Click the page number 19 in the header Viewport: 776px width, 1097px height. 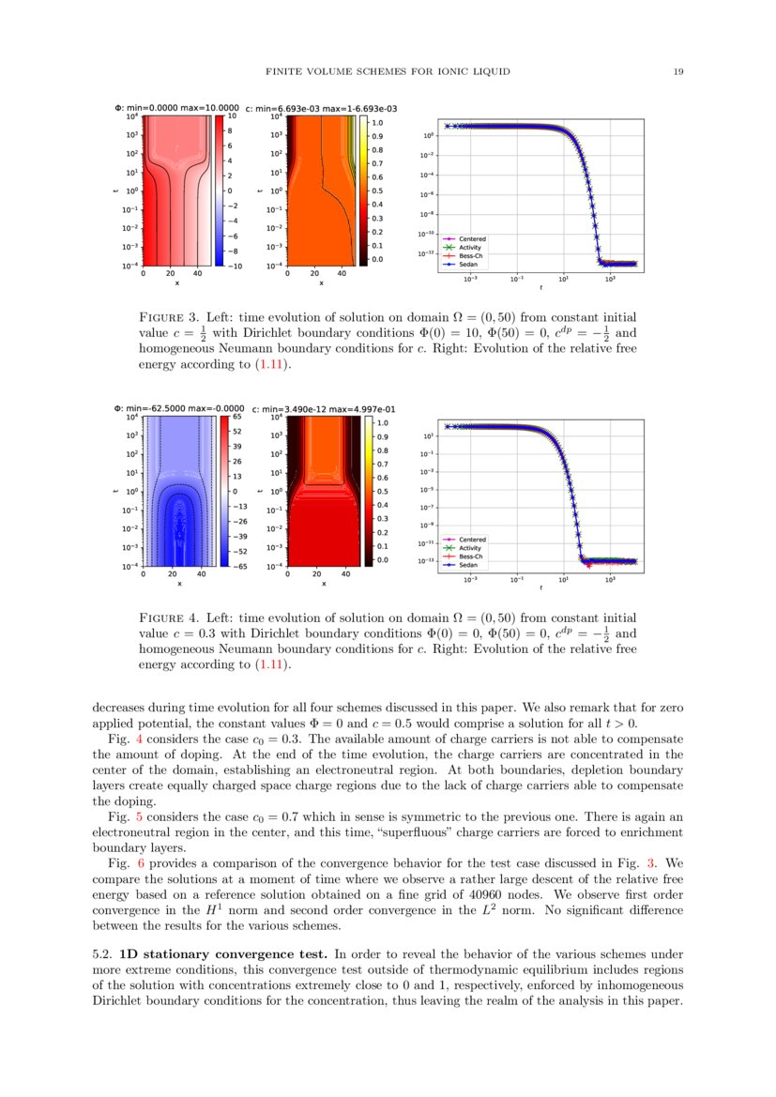click(x=677, y=71)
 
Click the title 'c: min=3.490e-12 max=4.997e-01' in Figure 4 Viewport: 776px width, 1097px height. click(x=317, y=409)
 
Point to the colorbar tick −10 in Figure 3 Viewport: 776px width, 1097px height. click(x=238, y=266)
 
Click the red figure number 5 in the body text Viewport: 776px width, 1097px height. click(x=128, y=817)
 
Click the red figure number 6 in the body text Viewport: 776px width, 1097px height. click(x=128, y=863)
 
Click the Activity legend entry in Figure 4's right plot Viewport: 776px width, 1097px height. click(x=470, y=548)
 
